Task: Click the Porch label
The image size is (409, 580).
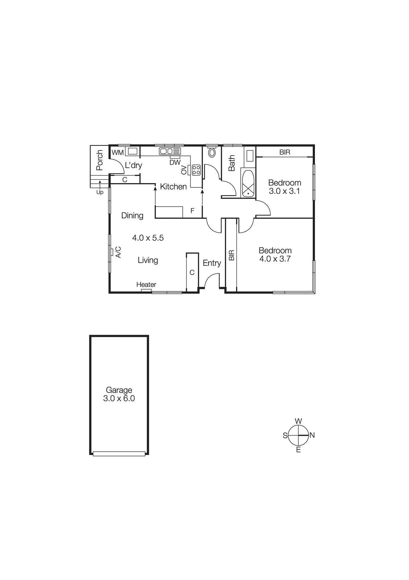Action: [x=100, y=160]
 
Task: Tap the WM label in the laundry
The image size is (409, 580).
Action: [x=117, y=153]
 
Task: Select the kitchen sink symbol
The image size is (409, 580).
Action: [x=170, y=151]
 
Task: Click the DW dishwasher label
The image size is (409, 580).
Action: [x=175, y=162]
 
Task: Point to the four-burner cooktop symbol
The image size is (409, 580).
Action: [x=196, y=170]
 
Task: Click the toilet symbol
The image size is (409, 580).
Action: [x=212, y=153]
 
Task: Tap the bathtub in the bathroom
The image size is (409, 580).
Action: [x=248, y=184]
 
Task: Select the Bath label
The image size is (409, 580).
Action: [x=232, y=163]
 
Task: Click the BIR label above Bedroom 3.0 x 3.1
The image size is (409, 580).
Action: [x=284, y=152]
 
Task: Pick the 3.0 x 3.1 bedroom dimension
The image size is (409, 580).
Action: [x=284, y=191]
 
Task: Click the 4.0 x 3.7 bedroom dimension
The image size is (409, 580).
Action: [x=275, y=259]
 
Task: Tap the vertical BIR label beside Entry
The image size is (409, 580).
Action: [x=232, y=255]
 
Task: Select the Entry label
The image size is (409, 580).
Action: [x=212, y=263]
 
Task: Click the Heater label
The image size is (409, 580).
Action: [x=146, y=285]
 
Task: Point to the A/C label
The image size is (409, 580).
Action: [x=118, y=252]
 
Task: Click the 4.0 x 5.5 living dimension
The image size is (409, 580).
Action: [x=148, y=238]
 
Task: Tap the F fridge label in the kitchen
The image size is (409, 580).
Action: [x=192, y=211]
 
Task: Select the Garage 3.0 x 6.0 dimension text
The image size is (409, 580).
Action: [x=119, y=398]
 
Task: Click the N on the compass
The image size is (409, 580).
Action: [x=312, y=435]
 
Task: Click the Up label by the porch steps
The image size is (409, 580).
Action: [x=100, y=192]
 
